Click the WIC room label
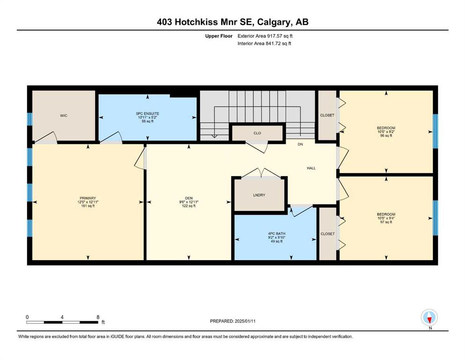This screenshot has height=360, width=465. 64,115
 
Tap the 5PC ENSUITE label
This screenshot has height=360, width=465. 148,113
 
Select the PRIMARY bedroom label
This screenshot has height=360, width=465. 88,198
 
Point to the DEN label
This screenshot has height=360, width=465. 189,198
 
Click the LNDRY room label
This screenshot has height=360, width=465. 259,195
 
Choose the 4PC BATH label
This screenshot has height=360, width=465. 277,233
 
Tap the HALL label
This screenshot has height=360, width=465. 311,168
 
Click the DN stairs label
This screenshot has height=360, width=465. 301,144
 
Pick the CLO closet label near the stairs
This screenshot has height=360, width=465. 257,133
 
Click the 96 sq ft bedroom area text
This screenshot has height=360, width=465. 386,135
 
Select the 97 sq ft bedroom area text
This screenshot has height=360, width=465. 386,222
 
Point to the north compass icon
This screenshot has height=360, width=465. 429,317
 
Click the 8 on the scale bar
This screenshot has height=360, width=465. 98,317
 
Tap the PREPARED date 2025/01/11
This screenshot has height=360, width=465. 245,321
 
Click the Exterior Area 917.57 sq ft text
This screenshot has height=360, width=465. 265,36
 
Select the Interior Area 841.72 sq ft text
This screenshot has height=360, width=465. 264,43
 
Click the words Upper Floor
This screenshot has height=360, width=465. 219,36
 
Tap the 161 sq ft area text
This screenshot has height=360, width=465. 88,206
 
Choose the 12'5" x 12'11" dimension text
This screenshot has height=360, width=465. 88,202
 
